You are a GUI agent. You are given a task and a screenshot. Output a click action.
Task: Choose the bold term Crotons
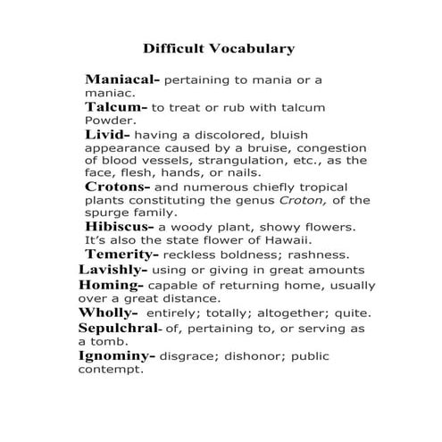(x=118, y=187)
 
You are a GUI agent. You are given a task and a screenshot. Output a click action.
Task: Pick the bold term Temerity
(x=122, y=254)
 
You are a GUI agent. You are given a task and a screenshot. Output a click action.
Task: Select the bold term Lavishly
(x=113, y=269)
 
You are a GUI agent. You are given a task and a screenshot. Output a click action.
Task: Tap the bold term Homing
(x=111, y=284)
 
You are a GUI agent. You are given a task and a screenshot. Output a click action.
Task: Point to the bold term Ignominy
(x=116, y=355)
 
